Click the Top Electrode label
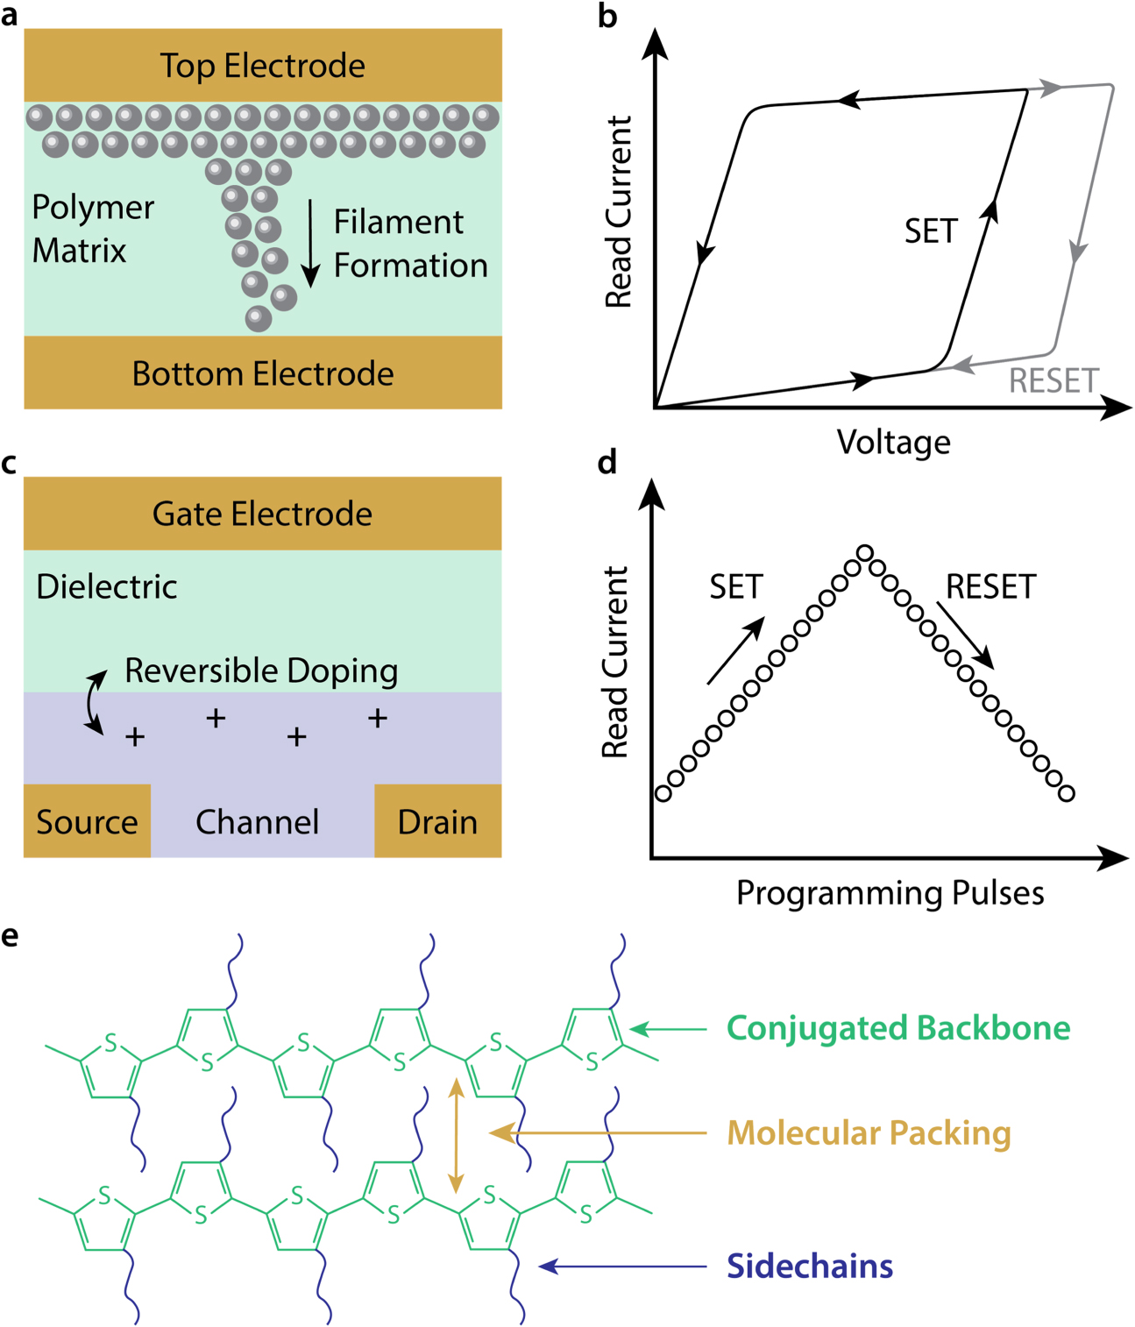click(x=262, y=66)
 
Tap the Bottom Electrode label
click(x=262, y=373)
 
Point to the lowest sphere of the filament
click(x=259, y=318)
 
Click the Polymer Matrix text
click(x=92, y=229)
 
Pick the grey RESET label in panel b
click(x=1053, y=381)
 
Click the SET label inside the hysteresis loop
click(x=930, y=231)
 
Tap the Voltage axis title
click(x=893, y=442)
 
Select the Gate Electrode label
click(x=262, y=514)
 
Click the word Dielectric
click(x=106, y=586)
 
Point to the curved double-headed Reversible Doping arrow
click(x=94, y=701)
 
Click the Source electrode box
click(x=87, y=821)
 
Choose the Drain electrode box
click(x=437, y=821)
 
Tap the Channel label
click(x=257, y=822)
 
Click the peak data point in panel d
click(x=864, y=553)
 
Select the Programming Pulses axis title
click(x=890, y=892)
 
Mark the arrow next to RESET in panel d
click(x=966, y=635)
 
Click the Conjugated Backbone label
click(x=897, y=1028)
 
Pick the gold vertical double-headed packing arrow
click(x=456, y=1135)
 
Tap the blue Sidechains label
click(x=809, y=1267)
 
